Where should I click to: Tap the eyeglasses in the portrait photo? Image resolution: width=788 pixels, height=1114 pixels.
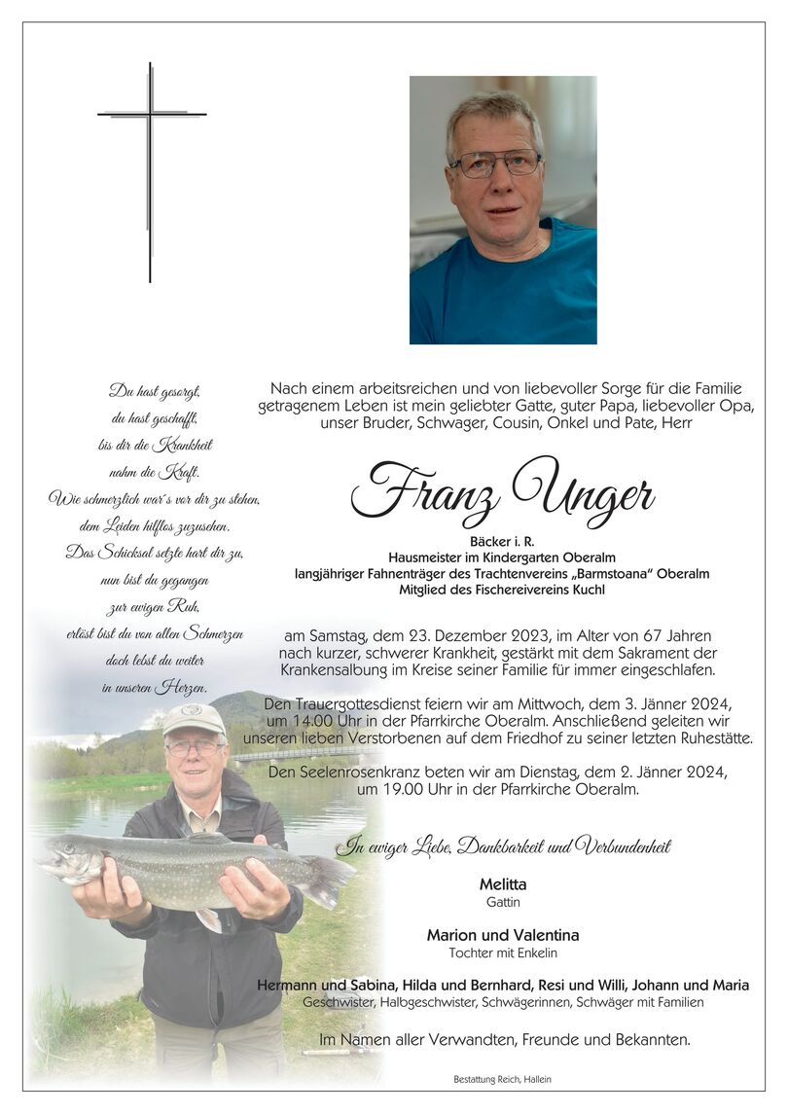point(495,162)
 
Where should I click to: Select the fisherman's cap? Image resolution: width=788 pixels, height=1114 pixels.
point(193,719)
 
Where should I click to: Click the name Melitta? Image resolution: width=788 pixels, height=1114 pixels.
point(502,884)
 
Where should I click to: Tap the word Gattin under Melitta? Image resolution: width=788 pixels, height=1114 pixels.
point(502,902)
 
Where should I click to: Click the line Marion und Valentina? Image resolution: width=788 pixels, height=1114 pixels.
point(502,935)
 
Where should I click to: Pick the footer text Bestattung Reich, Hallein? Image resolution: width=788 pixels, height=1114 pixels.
point(502,1079)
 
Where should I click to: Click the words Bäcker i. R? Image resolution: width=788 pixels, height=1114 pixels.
point(502,541)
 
